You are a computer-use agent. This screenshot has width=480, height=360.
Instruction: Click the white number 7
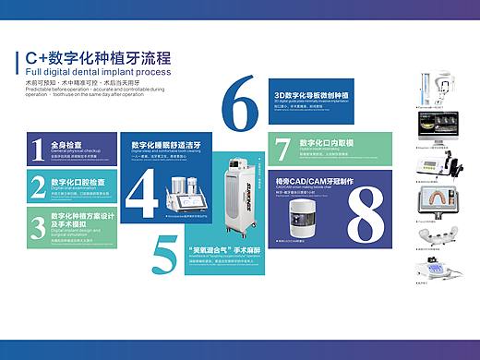(282, 150)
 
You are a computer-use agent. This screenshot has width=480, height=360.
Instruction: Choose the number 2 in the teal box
(38, 185)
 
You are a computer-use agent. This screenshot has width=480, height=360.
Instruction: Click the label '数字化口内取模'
(326, 143)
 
